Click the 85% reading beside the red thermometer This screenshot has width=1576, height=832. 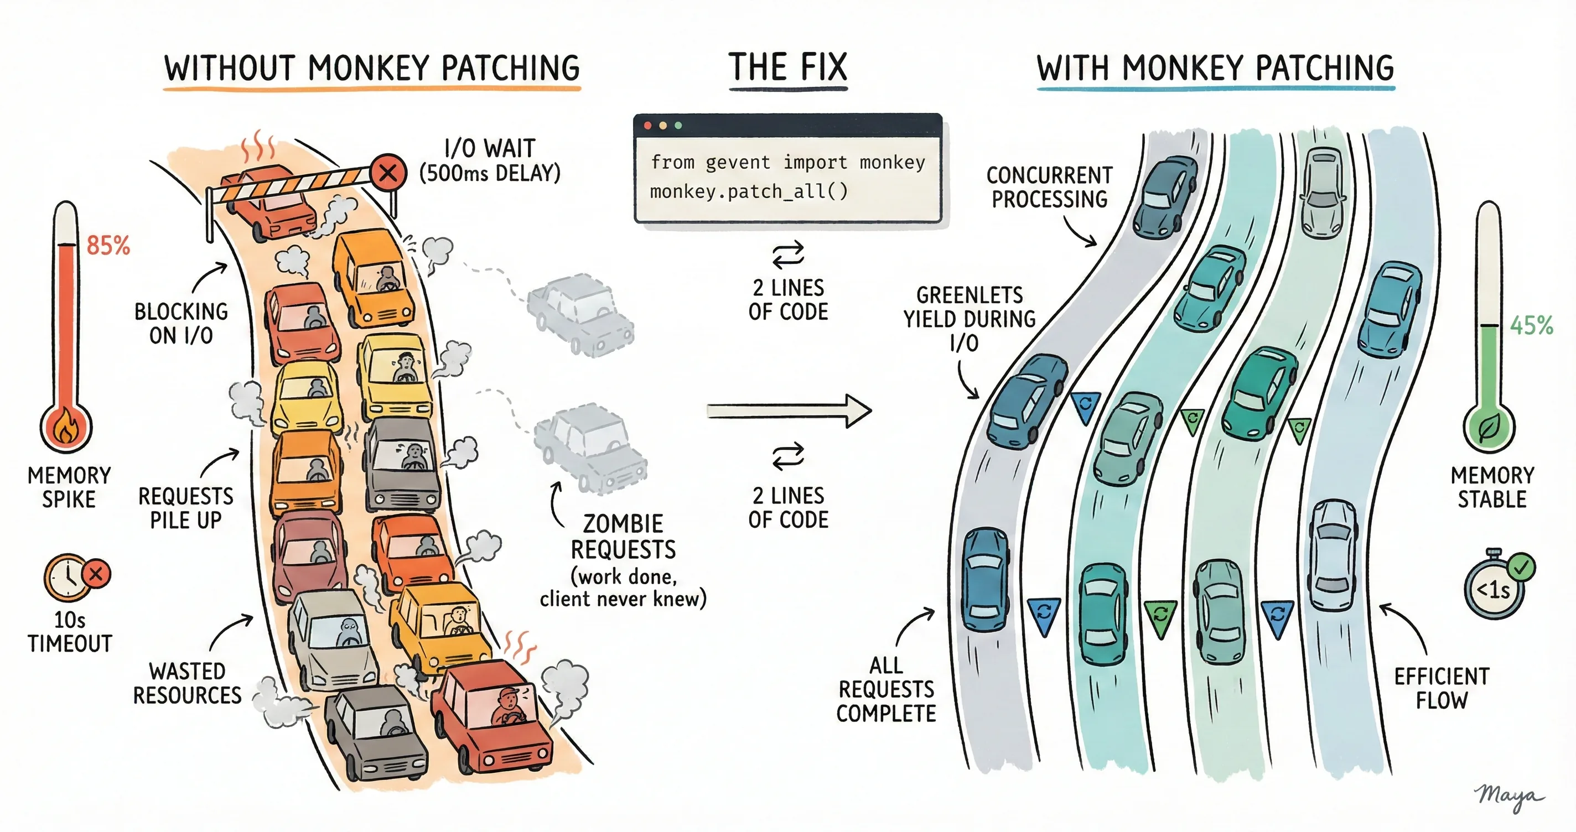108,246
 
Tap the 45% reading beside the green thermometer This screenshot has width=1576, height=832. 1531,325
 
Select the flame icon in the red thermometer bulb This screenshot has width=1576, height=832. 66,427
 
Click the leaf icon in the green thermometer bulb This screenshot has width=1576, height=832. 1488,428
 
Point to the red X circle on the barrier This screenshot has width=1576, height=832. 388,173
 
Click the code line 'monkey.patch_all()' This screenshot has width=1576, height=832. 749,192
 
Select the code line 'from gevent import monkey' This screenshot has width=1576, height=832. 787,163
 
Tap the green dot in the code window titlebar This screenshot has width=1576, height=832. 678,126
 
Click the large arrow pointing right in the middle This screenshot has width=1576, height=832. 789,410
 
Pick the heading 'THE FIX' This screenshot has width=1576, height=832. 788,67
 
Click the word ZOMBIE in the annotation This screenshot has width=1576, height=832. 623,524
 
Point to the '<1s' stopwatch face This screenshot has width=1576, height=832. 1493,591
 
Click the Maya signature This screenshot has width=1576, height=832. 1508,797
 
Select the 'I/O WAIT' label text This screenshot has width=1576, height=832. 489,149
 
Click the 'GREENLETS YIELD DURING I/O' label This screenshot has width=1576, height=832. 970,319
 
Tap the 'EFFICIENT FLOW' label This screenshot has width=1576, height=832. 1442,688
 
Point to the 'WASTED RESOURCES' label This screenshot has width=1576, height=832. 187,683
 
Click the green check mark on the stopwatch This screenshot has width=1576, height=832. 1521,567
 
